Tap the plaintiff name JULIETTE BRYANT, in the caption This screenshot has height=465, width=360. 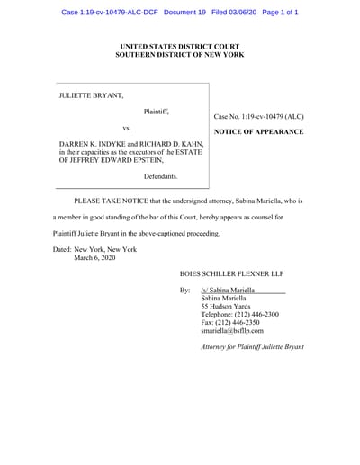[x=93, y=94]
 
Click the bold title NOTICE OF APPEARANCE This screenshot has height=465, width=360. [x=259, y=132]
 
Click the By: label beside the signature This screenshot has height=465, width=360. [x=185, y=291]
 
